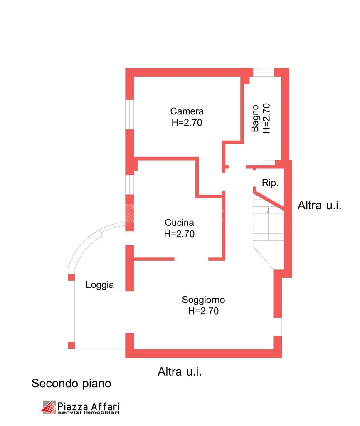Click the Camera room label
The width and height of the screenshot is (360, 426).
(x=187, y=111)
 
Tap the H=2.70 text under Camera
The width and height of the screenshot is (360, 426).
(x=187, y=123)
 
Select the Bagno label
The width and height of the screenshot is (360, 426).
(x=255, y=119)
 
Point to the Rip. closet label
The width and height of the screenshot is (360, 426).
(x=270, y=183)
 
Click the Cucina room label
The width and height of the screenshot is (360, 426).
(x=179, y=223)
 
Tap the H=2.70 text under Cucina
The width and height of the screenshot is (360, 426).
(x=179, y=234)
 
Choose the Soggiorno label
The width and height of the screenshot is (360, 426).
(x=203, y=300)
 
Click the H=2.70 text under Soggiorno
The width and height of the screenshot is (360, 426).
(x=203, y=311)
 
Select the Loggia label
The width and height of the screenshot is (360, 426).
(x=100, y=285)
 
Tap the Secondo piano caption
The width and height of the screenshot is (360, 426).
(x=72, y=384)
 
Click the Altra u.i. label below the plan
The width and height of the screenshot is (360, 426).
(x=180, y=372)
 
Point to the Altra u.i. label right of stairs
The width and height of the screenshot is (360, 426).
(x=319, y=206)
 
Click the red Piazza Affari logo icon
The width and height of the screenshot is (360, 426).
(x=49, y=407)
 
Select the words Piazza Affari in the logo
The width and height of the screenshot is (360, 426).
(x=89, y=406)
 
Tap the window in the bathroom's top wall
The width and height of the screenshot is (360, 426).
(x=264, y=72)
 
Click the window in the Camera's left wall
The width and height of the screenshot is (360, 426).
(x=130, y=114)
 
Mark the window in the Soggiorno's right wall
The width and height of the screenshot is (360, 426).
(x=277, y=327)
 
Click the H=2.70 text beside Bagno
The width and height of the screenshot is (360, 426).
(x=266, y=119)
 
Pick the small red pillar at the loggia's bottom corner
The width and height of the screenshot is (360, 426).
(x=72, y=345)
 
